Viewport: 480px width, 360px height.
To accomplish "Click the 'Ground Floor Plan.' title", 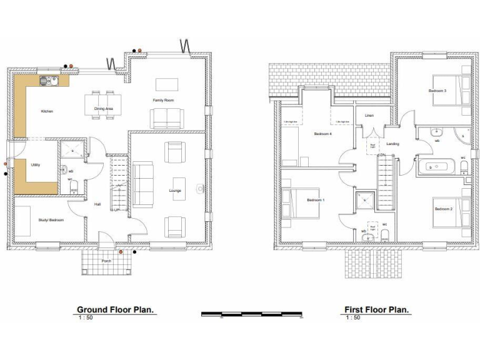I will point(115,309).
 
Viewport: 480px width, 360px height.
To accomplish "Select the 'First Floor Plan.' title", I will point(376,309).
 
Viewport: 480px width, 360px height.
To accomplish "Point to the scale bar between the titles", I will point(251,314).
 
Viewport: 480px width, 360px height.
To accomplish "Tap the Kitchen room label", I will point(47,111).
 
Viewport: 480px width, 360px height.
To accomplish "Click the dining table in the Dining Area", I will point(104,103).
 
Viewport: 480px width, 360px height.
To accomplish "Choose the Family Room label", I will point(163,100).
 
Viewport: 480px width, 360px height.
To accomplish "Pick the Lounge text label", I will point(175,190).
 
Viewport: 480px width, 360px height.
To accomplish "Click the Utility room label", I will point(36,165).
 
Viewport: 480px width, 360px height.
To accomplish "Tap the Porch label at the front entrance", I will point(106,261).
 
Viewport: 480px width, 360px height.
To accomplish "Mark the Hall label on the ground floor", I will point(97,204).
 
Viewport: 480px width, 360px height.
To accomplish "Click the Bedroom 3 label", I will point(437,91).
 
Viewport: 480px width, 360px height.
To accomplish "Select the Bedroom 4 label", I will point(322,134).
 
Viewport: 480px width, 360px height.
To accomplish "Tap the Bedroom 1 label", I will point(316,200).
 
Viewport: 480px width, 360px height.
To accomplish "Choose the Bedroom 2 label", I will point(443,208).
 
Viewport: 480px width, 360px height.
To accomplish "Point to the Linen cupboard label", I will point(369,116).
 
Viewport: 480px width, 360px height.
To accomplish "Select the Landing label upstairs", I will point(392,144).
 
